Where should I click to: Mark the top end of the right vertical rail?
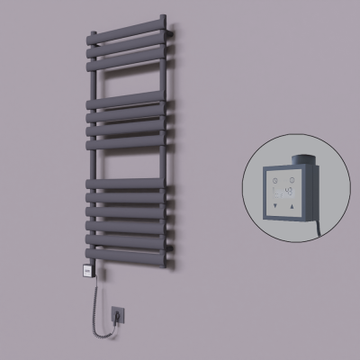tap(164, 17)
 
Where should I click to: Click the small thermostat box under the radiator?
tap(92, 267)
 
